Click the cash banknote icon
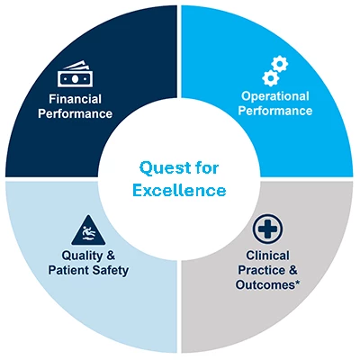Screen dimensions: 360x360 [x=75, y=74]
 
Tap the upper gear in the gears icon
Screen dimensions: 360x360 [x=279, y=64]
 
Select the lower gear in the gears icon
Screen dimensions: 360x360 [x=271, y=77]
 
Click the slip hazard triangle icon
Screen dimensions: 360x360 [x=88, y=230]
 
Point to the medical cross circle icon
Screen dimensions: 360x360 [x=267, y=229]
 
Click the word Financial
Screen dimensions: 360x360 [x=76, y=99]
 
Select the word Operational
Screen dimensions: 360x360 [x=275, y=96]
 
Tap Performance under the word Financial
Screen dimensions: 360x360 [x=76, y=114]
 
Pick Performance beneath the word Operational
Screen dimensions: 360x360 [x=275, y=111]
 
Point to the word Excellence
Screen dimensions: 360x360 [x=179, y=191]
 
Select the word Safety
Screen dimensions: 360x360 [x=111, y=271]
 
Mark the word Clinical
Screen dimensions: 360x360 [x=267, y=256]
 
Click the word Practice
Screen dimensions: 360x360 [x=260, y=270]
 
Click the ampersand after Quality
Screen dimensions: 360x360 [x=111, y=256]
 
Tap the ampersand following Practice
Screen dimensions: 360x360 [x=292, y=270]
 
